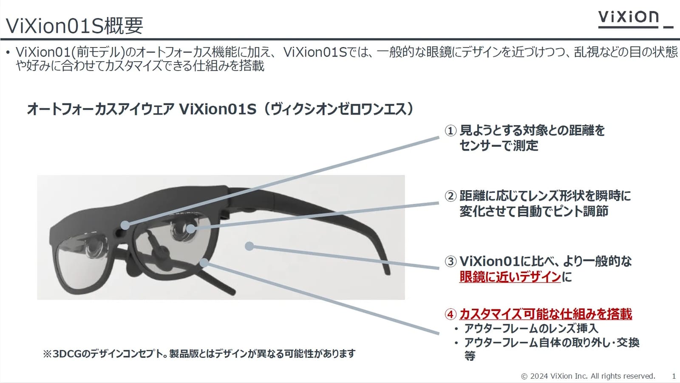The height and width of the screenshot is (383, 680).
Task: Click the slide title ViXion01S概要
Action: click(x=74, y=26)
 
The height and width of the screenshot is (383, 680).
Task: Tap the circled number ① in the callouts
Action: click(x=450, y=131)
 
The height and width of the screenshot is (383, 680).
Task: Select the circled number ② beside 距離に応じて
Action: click(x=450, y=196)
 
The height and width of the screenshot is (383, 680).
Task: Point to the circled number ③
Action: click(x=450, y=261)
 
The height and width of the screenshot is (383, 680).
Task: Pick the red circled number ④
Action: click(x=450, y=314)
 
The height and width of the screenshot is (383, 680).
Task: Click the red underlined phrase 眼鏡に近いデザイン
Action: click(x=510, y=277)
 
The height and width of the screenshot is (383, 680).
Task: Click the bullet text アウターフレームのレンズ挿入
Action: click(x=531, y=329)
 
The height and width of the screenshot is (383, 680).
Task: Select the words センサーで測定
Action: click(x=499, y=145)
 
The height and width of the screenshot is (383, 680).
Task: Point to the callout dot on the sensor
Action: click(x=125, y=225)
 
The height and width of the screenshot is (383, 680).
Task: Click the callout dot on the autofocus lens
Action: click(x=191, y=229)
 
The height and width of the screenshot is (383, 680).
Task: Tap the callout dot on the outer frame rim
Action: click(x=204, y=263)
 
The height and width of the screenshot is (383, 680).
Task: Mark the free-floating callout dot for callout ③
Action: click(x=249, y=246)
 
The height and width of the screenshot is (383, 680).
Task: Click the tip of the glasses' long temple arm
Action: click(x=388, y=273)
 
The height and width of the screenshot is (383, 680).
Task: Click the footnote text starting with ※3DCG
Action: click(x=199, y=354)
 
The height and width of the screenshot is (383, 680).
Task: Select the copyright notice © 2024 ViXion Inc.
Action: click(x=588, y=376)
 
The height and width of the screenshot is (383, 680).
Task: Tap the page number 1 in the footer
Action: click(x=674, y=376)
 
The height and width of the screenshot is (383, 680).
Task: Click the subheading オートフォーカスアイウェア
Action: click(x=100, y=109)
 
